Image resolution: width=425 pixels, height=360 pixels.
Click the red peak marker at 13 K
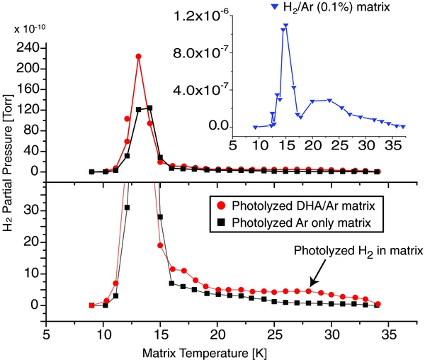[138, 57]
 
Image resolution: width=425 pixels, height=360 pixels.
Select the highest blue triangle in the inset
[286, 26]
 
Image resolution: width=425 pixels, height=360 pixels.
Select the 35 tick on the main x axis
[389, 332]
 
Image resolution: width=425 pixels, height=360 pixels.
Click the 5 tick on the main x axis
[47, 332]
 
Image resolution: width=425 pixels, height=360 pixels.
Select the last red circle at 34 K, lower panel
[378, 304]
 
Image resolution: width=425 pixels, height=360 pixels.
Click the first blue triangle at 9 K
[255, 127]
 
